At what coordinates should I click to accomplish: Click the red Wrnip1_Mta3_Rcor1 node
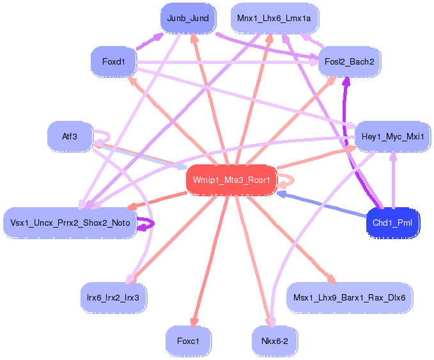point(231,180)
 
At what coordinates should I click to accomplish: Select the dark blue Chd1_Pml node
point(393,223)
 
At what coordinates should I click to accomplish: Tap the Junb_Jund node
point(188,18)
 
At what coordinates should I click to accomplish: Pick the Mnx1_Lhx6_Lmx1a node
point(274,18)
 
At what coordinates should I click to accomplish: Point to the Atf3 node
point(70,136)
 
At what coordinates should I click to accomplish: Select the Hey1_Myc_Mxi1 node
point(392,137)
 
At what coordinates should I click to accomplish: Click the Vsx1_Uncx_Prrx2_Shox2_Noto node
point(70,223)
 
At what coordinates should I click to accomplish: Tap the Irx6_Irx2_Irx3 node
point(114,297)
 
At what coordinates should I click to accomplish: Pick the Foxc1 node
point(188,341)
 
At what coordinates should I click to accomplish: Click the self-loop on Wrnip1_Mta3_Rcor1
point(289,180)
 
